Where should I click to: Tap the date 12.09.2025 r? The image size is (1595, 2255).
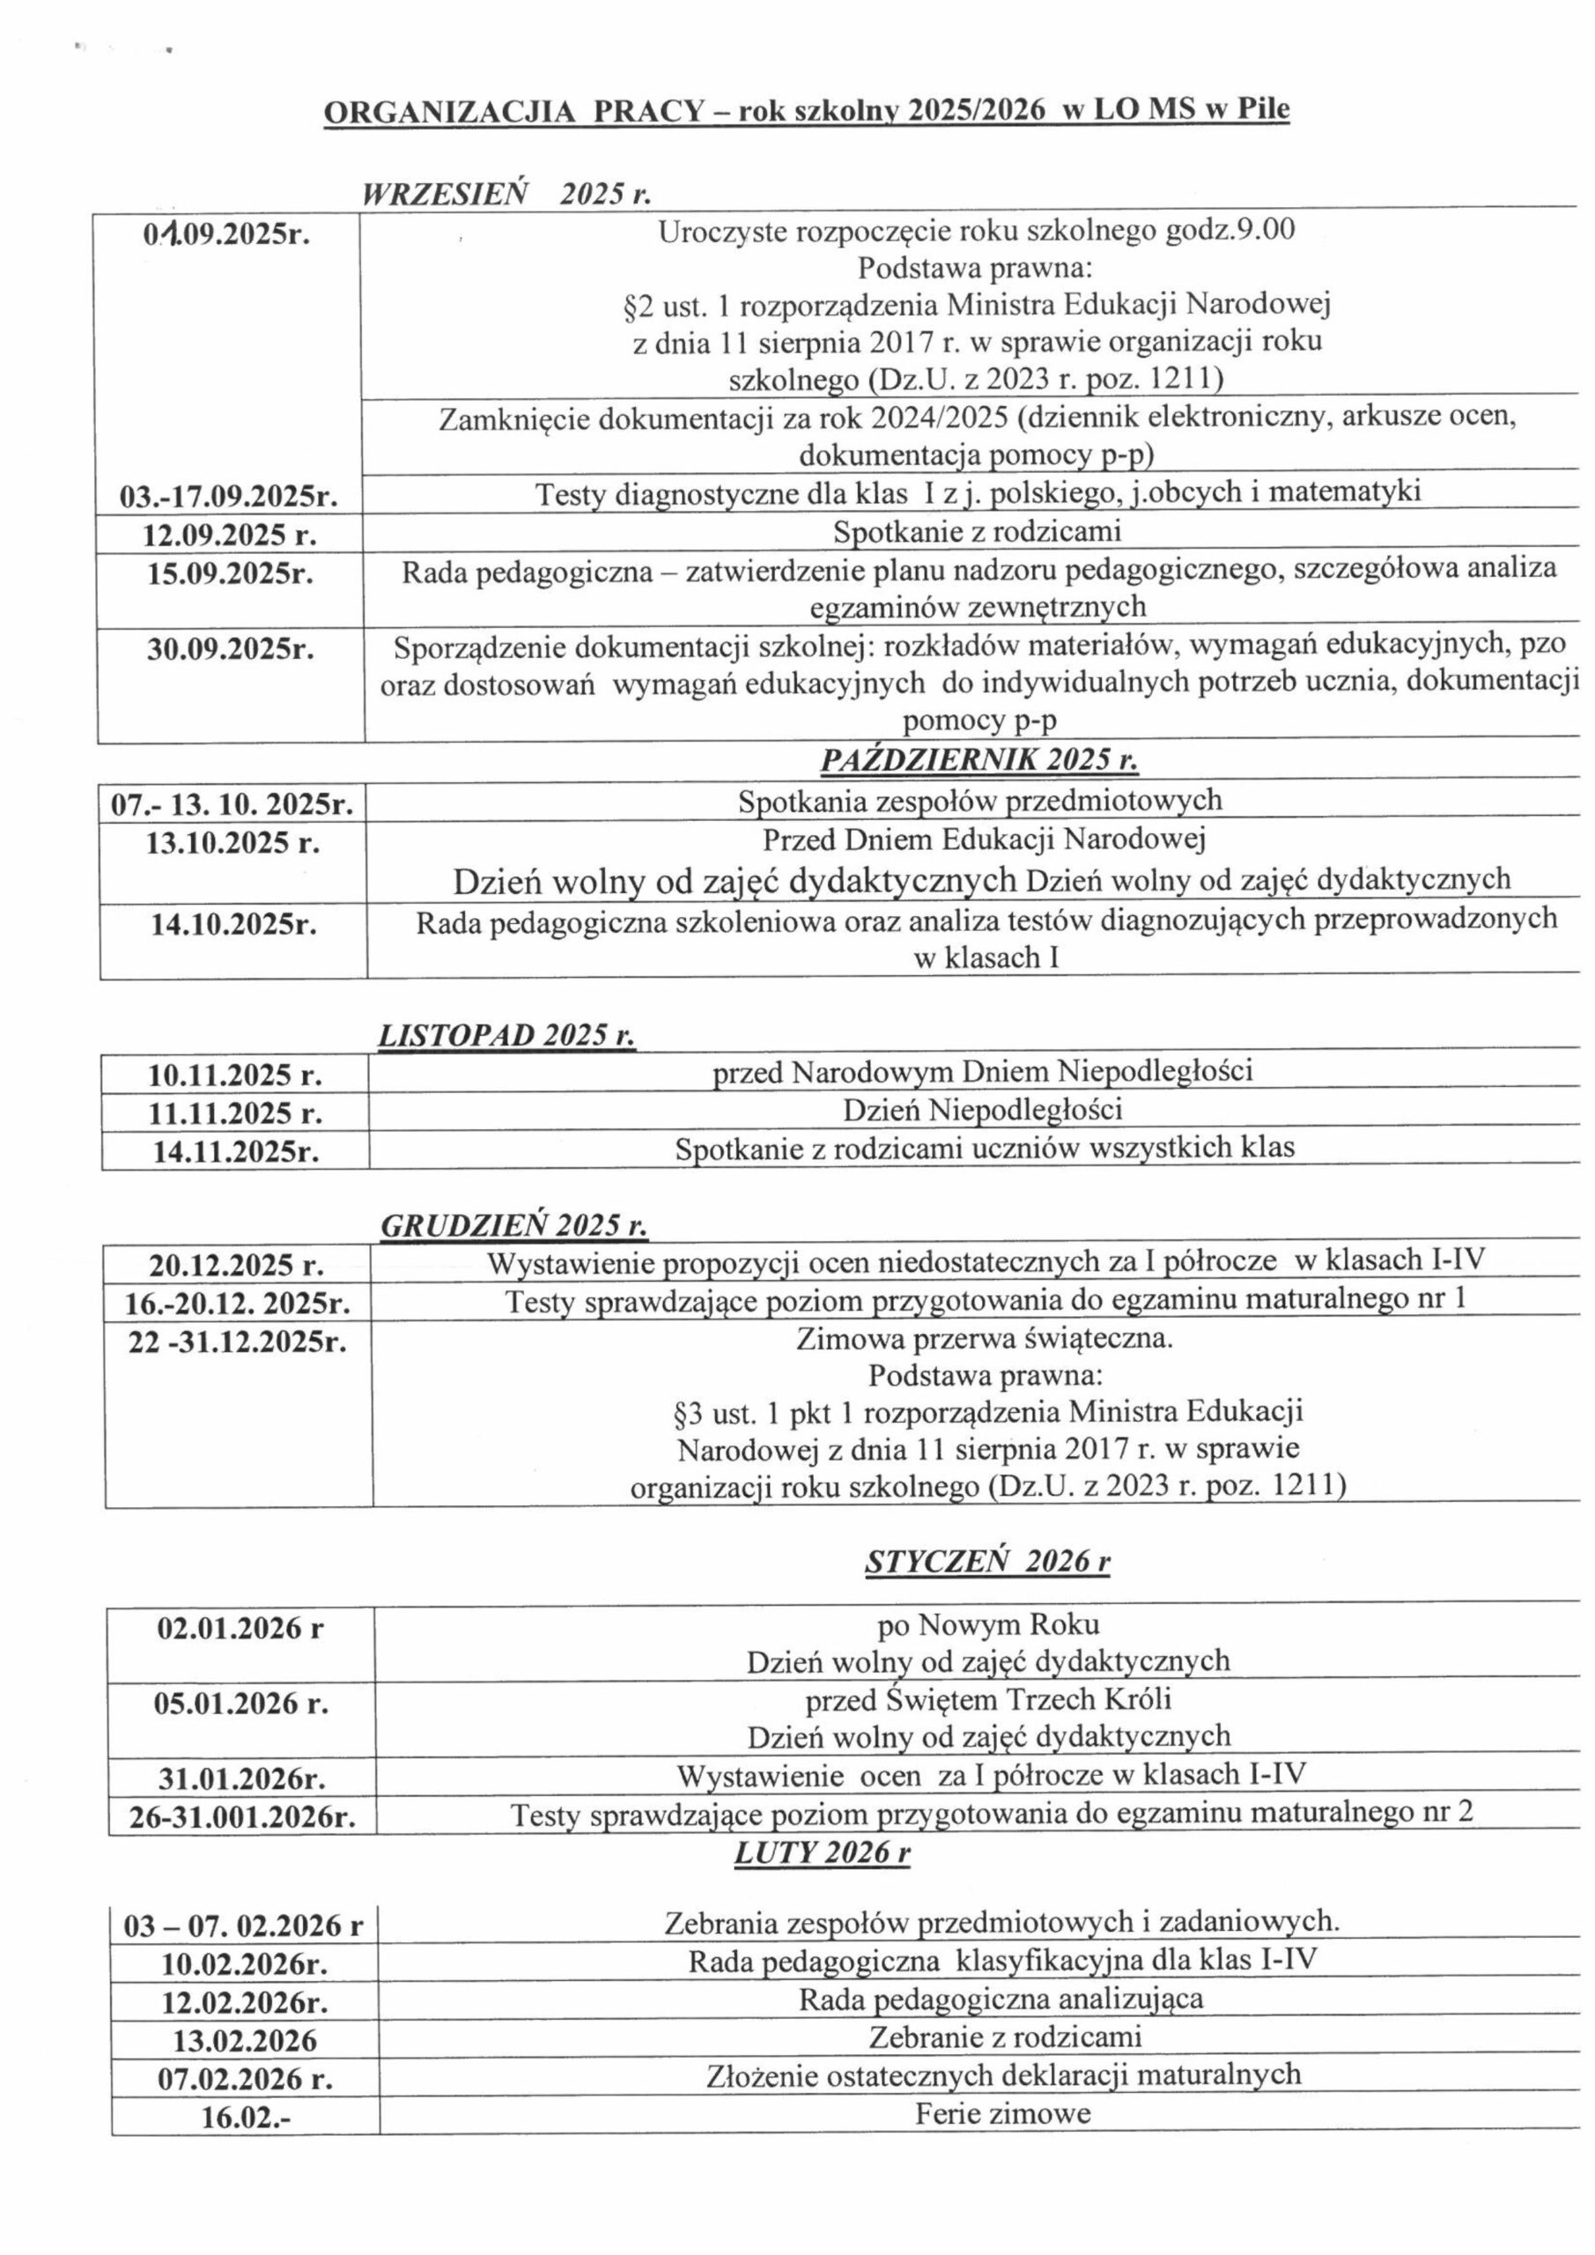230,536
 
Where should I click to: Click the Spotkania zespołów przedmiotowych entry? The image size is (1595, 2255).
979,801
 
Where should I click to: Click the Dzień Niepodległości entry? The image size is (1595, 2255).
982,1110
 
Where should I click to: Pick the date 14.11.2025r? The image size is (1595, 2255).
235,1150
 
